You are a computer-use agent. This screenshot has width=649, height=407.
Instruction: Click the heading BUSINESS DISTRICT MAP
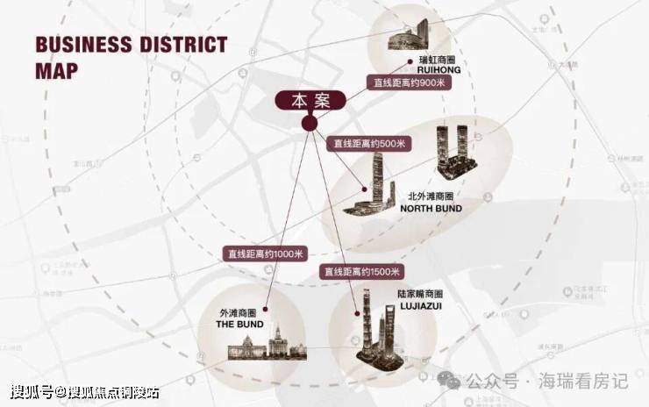131,57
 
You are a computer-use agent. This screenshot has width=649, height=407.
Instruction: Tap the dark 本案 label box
310,101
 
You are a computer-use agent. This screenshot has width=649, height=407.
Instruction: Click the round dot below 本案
309,124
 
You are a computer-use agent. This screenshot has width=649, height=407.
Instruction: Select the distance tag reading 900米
406,82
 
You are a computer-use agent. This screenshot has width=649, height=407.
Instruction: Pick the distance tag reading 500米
367,143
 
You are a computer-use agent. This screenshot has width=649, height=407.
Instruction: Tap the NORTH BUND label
431,209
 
